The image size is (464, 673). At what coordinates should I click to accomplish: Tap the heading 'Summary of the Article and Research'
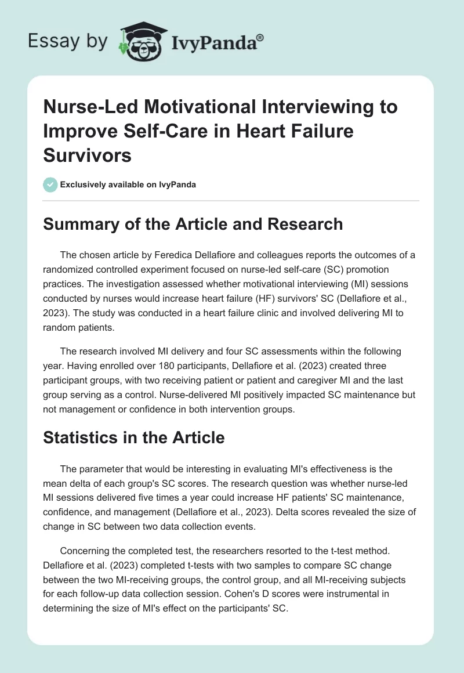point(193,224)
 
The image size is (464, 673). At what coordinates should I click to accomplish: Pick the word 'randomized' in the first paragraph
point(70,270)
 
